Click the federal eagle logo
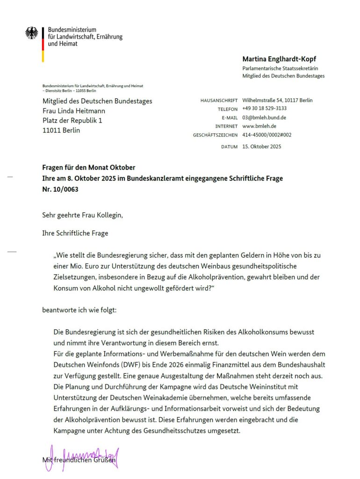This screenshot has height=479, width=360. point(32,33)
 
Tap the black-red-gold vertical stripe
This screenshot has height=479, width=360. point(43,44)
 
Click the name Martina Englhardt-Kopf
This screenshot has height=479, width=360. point(279,59)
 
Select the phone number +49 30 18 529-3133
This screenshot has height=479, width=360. point(264,109)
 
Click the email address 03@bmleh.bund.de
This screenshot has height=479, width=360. point(264,117)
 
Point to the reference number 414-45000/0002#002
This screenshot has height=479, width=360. point(266,135)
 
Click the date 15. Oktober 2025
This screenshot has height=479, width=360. point(261,147)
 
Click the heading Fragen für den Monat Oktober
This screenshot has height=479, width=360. point(89,167)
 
